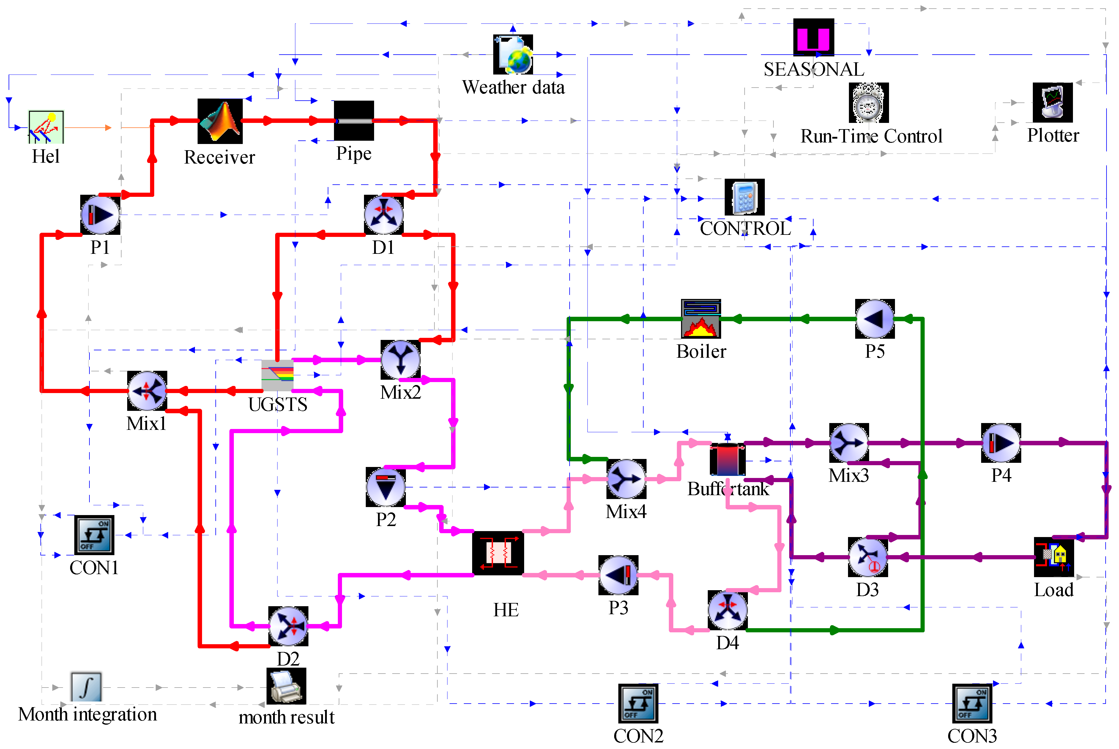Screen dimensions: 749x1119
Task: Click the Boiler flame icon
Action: [x=700, y=319]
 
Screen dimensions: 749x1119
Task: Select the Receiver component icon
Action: [x=220, y=121]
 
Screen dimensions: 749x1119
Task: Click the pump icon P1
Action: [x=100, y=214]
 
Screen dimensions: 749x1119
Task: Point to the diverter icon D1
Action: [x=383, y=214]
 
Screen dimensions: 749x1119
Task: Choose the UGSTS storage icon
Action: [x=277, y=375]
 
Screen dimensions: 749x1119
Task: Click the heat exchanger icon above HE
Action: [x=498, y=553]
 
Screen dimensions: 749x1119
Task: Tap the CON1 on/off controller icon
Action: [x=94, y=535]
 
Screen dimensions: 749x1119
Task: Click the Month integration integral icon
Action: [x=86, y=686]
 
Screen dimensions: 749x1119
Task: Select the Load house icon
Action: [x=1054, y=557]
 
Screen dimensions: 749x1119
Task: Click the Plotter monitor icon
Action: [x=1052, y=102]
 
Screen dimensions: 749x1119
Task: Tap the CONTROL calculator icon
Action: [x=744, y=197]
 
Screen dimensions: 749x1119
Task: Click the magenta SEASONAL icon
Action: [x=814, y=37]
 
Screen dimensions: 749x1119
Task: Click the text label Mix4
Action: [x=626, y=512]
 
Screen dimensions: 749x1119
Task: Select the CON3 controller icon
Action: [x=972, y=703]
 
